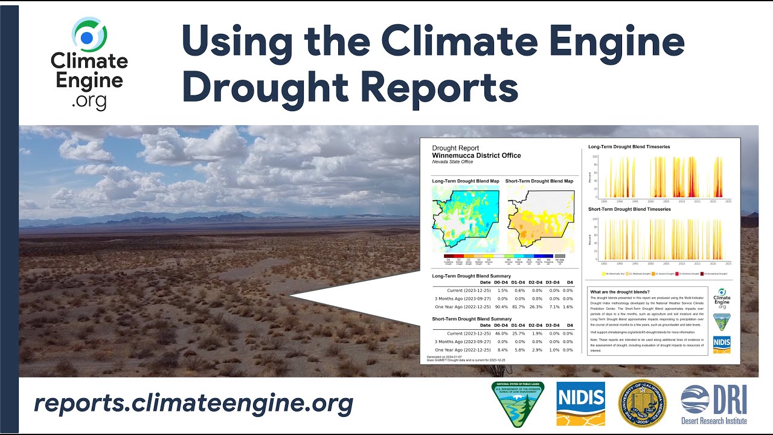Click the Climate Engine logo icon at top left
pyautogui.click(x=89, y=36)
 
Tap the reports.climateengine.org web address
pyautogui.click(x=193, y=403)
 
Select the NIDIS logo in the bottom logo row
pyautogui.click(x=580, y=403)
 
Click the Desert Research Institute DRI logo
pyautogui.click(x=714, y=404)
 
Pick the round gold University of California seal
pyautogui.click(x=642, y=403)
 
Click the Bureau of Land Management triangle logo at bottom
pyautogui.click(x=518, y=403)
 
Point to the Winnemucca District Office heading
pyautogui.click(x=476, y=155)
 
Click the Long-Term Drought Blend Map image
pyautogui.click(x=465, y=218)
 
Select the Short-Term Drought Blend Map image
pyautogui.click(x=539, y=218)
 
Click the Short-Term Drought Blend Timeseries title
pyautogui.click(x=629, y=209)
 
